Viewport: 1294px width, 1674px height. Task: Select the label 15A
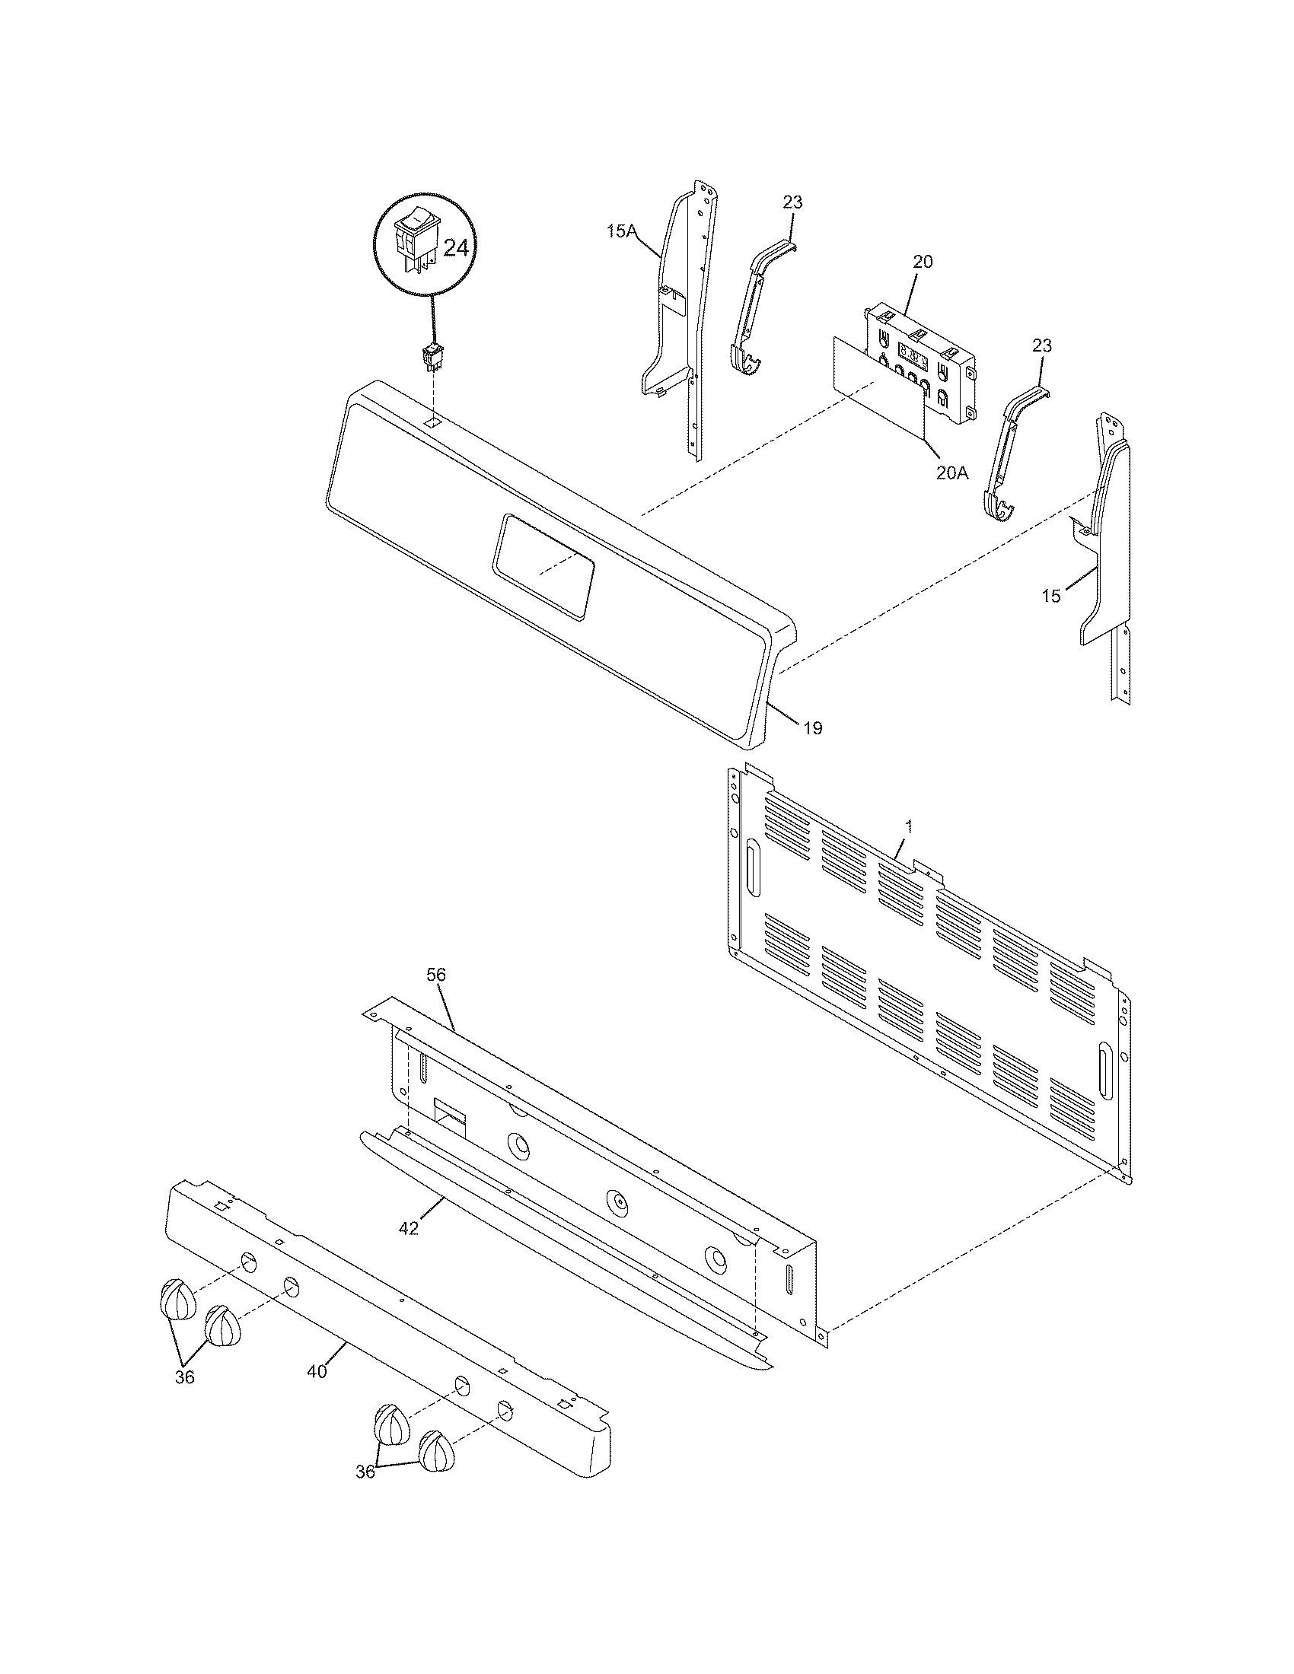click(x=622, y=231)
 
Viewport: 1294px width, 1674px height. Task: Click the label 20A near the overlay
click(x=951, y=473)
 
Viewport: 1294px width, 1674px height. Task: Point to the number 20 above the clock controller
click(x=923, y=261)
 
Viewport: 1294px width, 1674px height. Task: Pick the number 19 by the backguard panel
click(x=813, y=728)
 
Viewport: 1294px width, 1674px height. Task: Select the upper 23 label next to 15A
click(x=792, y=202)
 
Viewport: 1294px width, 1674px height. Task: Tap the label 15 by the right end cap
click(x=1051, y=596)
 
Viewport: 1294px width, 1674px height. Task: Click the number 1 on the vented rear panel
click(x=909, y=826)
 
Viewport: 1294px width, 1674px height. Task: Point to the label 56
click(x=436, y=975)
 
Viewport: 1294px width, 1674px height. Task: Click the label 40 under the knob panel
click(x=317, y=1371)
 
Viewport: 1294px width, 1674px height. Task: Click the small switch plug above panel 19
click(x=432, y=357)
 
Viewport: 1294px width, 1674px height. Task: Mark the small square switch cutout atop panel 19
click(x=433, y=422)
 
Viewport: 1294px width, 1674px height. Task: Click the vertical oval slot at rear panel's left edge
click(x=754, y=869)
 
